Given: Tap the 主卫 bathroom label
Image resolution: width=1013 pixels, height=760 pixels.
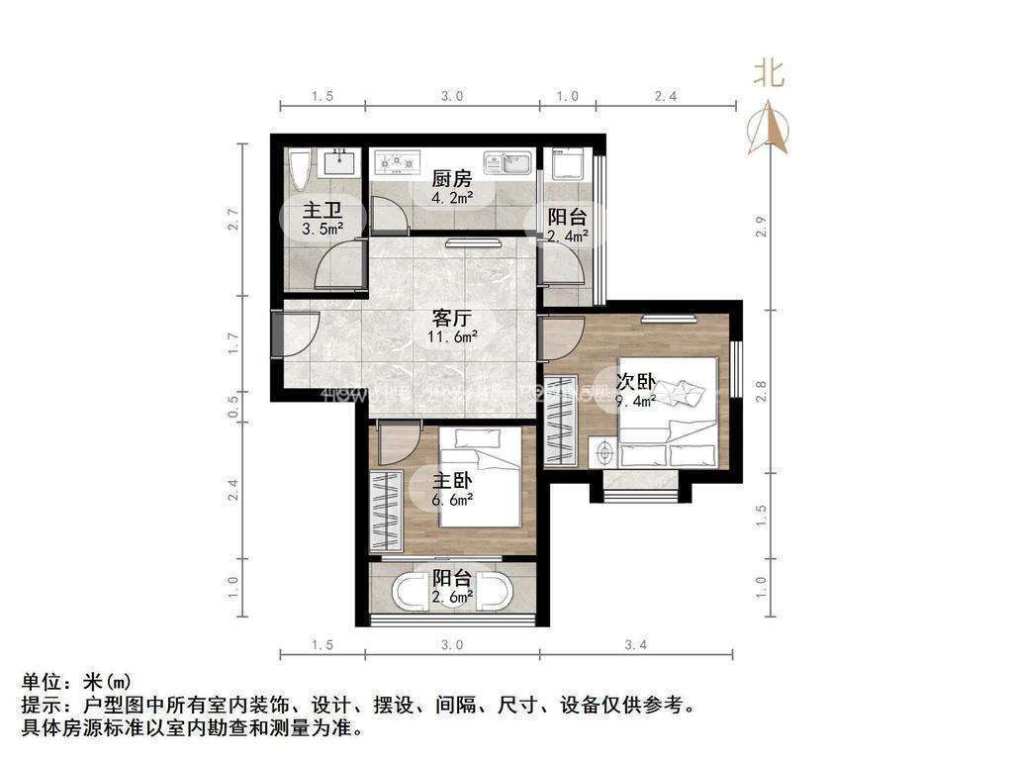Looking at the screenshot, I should click(322, 210).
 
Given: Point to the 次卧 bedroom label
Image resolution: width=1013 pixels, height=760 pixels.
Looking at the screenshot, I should click(635, 382).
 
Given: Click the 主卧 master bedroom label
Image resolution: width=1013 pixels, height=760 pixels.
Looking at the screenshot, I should click(451, 482).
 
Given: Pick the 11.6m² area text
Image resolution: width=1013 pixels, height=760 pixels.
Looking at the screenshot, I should click(452, 337).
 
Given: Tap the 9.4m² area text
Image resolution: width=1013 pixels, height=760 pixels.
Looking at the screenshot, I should click(636, 401).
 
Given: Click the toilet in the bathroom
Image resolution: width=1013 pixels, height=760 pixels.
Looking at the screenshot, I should click(300, 170).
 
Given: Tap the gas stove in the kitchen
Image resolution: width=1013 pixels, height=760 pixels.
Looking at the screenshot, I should click(396, 160).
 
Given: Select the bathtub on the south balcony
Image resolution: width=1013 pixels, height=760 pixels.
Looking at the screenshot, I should click(451, 593).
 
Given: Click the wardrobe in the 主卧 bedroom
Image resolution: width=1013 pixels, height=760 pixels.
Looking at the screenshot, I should click(385, 511).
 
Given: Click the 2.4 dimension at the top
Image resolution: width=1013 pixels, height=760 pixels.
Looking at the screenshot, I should click(666, 96).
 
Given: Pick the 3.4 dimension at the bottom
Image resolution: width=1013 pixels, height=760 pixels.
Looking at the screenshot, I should click(636, 645).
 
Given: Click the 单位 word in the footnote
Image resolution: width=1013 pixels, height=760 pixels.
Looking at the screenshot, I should click(42, 682).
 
